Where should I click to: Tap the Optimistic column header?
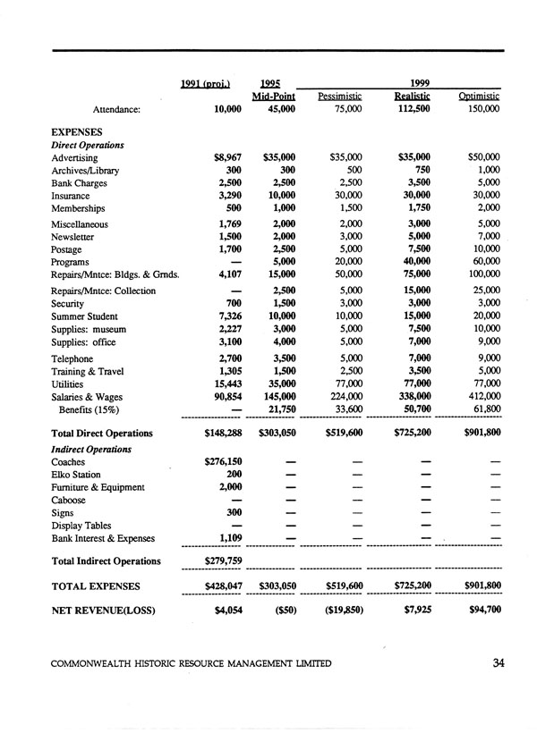click(x=479, y=96)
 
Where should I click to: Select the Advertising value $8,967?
click(x=225, y=157)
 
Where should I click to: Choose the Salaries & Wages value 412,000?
click(x=479, y=394)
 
